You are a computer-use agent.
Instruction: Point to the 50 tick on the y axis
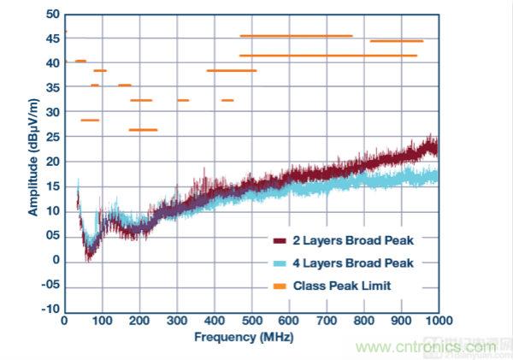pyautogui.click(x=52, y=14)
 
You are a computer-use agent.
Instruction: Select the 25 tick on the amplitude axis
pyautogui.click(x=52, y=137)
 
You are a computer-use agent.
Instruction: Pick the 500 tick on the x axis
pyautogui.click(x=251, y=321)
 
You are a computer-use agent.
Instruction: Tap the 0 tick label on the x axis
pyautogui.click(x=64, y=321)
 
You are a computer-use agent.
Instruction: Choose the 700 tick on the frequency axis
pyautogui.click(x=327, y=321)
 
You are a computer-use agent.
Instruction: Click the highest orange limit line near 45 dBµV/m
pyautogui.click(x=296, y=36)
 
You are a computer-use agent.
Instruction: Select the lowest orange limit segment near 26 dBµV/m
pyautogui.click(x=143, y=130)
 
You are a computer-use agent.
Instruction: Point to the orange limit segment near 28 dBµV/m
pyautogui.click(x=90, y=120)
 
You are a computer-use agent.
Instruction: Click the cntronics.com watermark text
pyautogui.click(x=428, y=347)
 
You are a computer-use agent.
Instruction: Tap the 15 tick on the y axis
pyautogui.click(x=52, y=186)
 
